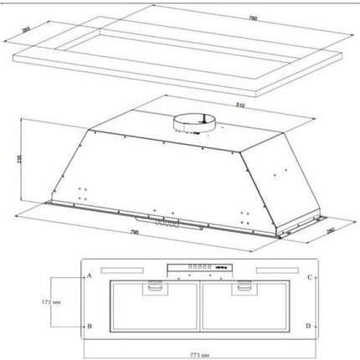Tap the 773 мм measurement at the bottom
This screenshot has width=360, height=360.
[x=196, y=346]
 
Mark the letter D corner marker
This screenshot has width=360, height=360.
[x=310, y=326]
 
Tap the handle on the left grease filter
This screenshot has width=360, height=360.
[x=155, y=289]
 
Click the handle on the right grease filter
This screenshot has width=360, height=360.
[x=244, y=289]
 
